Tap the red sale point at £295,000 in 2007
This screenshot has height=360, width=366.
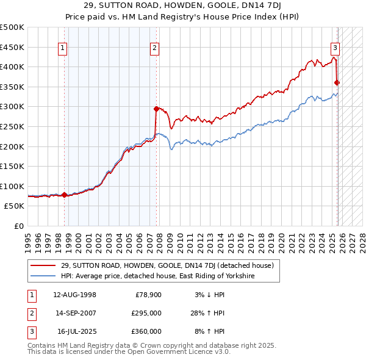click(x=157, y=109)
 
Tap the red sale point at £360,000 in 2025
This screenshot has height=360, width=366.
click(x=337, y=83)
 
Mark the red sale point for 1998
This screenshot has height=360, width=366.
click(x=65, y=195)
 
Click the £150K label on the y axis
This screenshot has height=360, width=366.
click(x=12, y=166)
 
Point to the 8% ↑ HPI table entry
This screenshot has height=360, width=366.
click(x=209, y=331)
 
